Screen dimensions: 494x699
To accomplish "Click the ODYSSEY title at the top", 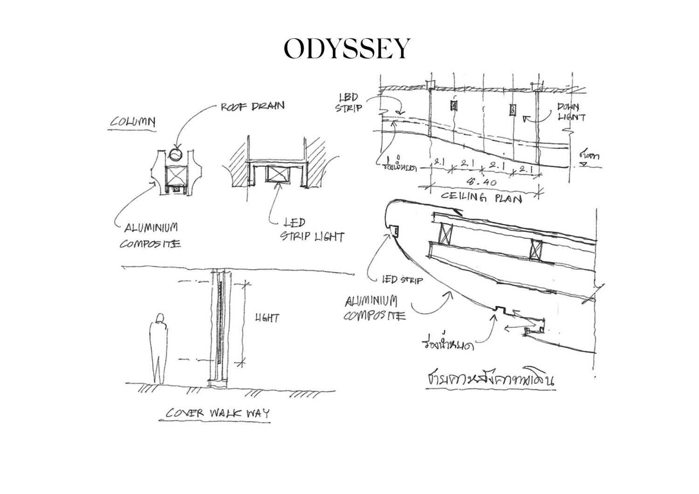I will pos(347,48).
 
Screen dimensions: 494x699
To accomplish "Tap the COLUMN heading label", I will pos(133,122).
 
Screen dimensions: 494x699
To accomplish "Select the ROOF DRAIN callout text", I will pos(252,106).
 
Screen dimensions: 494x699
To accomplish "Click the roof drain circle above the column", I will pos(176,153).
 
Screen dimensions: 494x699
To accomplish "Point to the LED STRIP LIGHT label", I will pos(311,230).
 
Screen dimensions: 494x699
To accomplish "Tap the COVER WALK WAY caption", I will pos(218,413).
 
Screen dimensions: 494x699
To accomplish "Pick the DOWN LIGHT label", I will pos(571,112).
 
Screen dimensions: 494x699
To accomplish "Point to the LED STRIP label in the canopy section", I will pos(402,280).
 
